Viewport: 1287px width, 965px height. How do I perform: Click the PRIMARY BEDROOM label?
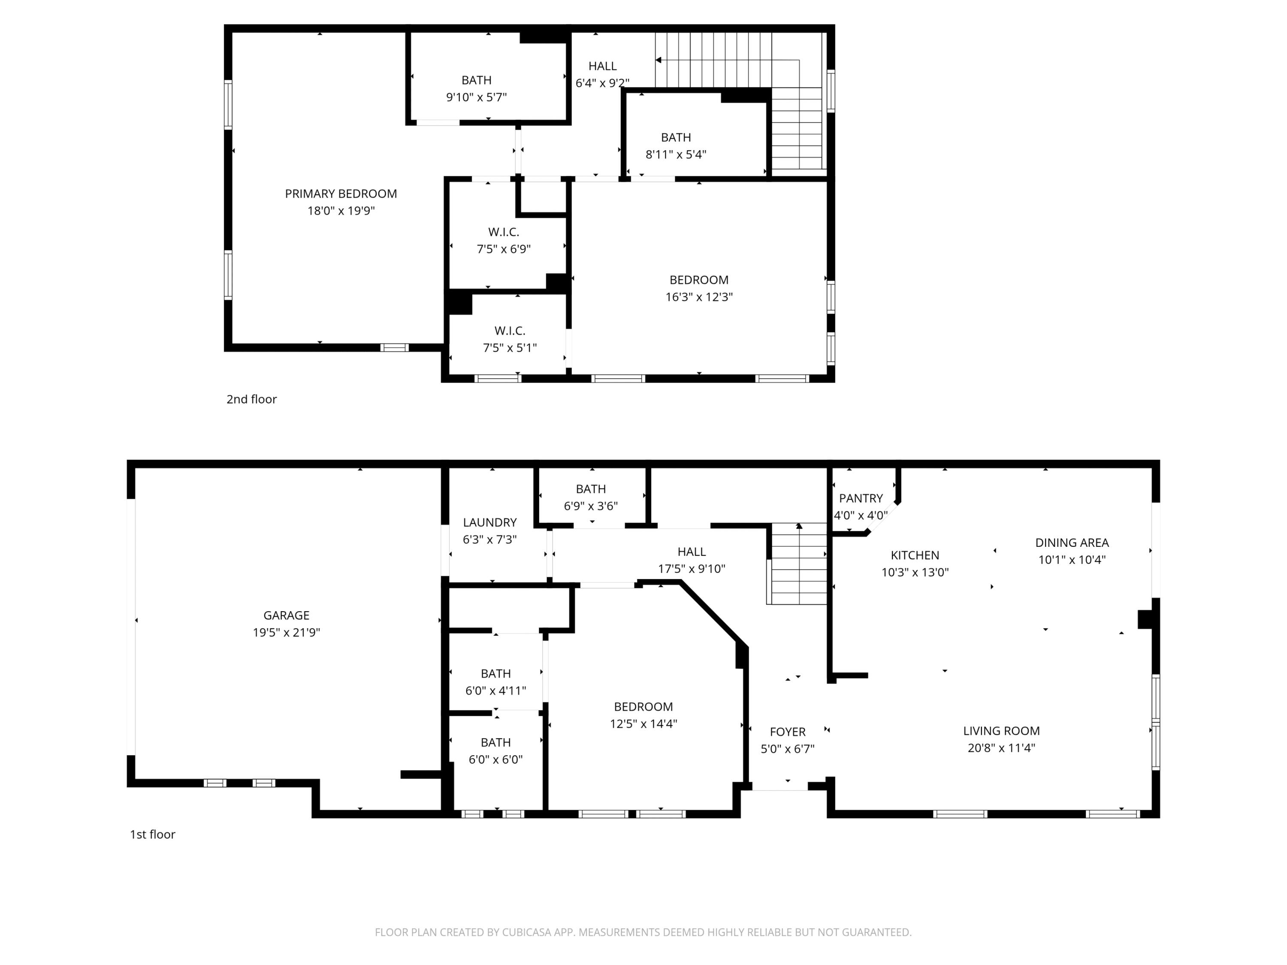[x=341, y=194]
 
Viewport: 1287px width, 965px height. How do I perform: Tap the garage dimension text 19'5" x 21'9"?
[x=286, y=632]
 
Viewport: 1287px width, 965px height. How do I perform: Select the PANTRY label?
[x=861, y=498]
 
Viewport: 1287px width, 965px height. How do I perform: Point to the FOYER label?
[x=787, y=732]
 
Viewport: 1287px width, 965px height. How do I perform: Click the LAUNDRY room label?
[x=489, y=522]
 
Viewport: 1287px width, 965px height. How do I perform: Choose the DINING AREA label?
[x=1072, y=543]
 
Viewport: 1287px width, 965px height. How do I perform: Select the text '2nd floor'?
[x=251, y=399]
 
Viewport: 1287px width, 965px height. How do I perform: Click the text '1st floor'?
[x=152, y=834]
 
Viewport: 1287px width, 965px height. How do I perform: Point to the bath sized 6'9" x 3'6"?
[x=591, y=498]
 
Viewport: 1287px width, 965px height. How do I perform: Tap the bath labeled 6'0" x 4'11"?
[x=496, y=682]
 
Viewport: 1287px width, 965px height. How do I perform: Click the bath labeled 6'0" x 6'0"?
[x=496, y=751]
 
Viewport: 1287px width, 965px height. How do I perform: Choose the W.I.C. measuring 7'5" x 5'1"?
[x=510, y=339]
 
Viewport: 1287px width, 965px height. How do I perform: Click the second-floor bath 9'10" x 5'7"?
[x=476, y=88]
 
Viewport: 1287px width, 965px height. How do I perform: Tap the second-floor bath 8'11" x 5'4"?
[x=676, y=145]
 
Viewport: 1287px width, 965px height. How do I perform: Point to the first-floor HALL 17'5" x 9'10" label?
[x=691, y=560]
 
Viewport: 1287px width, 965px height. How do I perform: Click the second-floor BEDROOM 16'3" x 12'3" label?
[x=699, y=288]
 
